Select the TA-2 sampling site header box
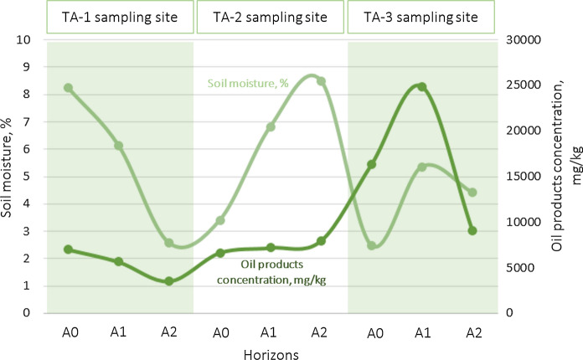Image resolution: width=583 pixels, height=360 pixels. point(270,17)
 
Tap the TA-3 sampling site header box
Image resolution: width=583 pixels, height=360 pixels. point(421,17)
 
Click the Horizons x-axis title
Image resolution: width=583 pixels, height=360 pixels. point(270,353)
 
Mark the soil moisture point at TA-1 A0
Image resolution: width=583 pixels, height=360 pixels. point(69,88)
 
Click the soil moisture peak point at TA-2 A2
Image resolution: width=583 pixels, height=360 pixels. point(321,81)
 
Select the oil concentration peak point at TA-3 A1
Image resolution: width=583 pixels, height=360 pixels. point(422,87)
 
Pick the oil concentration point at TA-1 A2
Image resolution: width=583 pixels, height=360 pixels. point(169,281)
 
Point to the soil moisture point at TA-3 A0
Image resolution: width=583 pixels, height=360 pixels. point(372,245)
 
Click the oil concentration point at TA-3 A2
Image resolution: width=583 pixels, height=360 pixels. point(472,230)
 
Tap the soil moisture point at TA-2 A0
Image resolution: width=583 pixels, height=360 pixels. point(220,220)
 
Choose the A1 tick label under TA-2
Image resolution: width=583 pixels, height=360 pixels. point(270,332)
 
